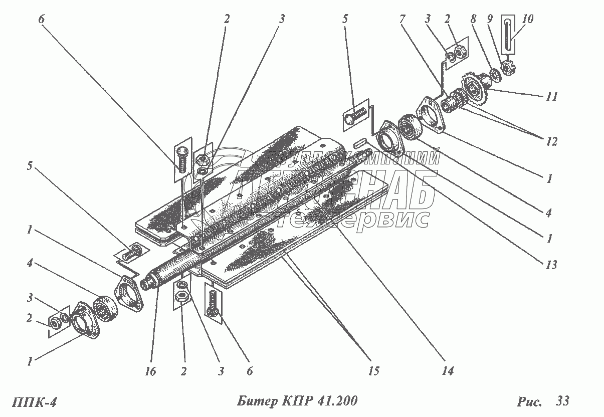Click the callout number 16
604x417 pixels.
point(150,371)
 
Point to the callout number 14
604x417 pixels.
point(447,371)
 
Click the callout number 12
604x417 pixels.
point(551,142)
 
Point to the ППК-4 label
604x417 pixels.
point(32,402)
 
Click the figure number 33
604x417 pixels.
point(562,401)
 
